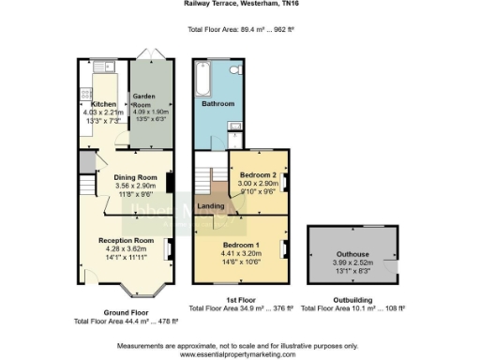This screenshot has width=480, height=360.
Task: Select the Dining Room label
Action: click(x=135, y=176)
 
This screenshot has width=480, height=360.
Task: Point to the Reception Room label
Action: click(x=127, y=240)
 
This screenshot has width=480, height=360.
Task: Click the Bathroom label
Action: click(x=219, y=104)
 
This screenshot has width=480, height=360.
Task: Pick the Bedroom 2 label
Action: click(x=257, y=175)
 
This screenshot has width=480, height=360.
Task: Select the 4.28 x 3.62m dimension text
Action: click(x=127, y=248)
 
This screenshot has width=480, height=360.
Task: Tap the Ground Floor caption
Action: click(x=126, y=313)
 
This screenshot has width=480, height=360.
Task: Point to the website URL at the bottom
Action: click(x=239, y=354)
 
